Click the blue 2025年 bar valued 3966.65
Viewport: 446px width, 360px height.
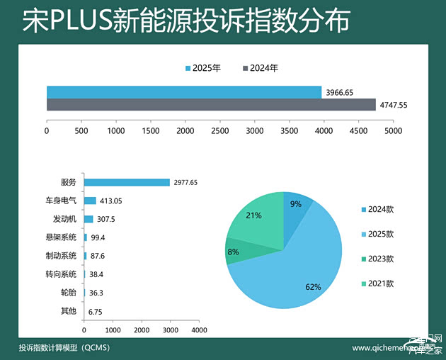(x=184, y=92)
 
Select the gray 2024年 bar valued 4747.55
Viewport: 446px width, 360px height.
(x=211, y=105)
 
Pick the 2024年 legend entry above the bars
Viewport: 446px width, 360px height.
(x=261, y=69)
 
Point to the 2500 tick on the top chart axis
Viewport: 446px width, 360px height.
(x=219, y=131)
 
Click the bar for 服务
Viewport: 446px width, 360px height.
(x=127, y=182)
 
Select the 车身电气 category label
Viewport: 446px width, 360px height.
(x=60, y=201)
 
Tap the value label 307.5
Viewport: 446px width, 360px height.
(x=105, y=219)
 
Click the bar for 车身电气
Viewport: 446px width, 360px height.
(x=90, y=201)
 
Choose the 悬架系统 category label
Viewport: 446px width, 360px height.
(x=60, y=237)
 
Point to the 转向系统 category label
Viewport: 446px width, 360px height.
(x=60, y=274)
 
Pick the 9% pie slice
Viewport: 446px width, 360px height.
(x=295, y=206)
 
